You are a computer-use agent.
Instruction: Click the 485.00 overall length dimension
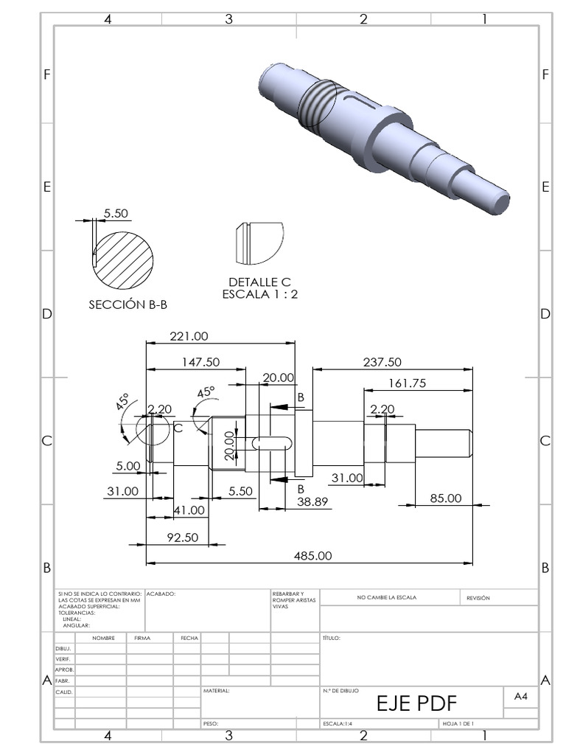[x=312, y=555]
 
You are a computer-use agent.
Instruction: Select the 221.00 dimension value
[x=189, y=336]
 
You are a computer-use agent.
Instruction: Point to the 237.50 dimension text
[x=382, y=362]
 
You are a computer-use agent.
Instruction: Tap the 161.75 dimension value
[x=407, y=383]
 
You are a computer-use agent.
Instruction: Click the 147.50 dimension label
[x=201, y=362]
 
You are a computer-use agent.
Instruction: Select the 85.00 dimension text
[x=446, y=498]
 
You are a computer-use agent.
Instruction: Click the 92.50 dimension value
[x=183, y=537]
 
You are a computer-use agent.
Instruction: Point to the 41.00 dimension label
[x=189, y=510]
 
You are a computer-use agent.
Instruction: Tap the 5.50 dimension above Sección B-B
[x=116, y=213]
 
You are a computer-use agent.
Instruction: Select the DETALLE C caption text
[x=260, y=282]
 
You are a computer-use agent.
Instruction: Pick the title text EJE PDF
[x=417, y=703]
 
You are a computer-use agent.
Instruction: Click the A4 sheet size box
[x=520, y=696]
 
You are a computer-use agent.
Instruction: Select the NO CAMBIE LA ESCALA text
[x=386, y=598]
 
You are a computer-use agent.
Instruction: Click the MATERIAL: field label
[x=216, y=692]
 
